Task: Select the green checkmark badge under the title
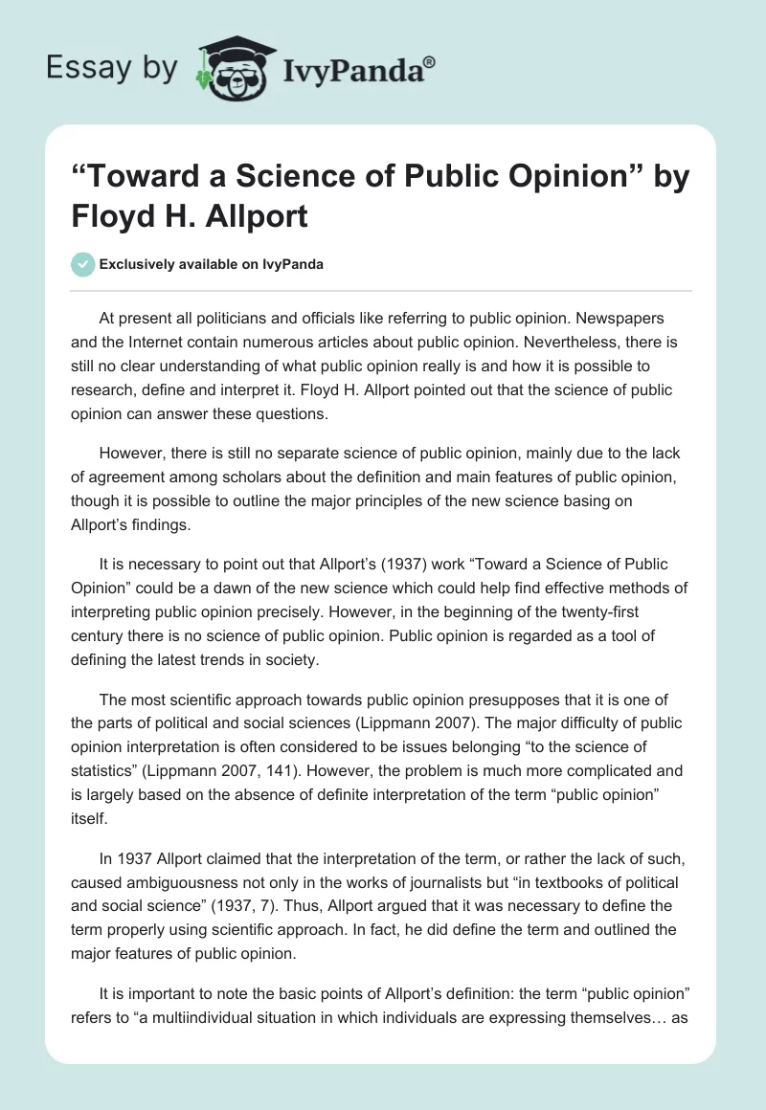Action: coord(84,264)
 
